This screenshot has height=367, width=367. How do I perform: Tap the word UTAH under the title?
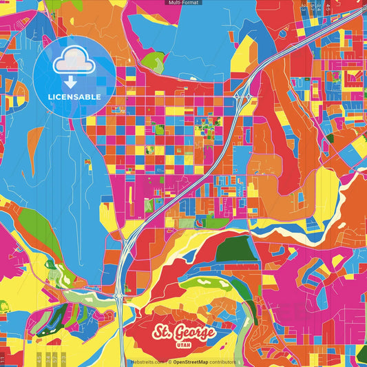tap(183, 346)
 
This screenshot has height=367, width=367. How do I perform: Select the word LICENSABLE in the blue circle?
tap(74, 96)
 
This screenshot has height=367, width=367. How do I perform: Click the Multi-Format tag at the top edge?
tap(183, 3)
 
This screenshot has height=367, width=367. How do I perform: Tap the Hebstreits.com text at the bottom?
tap(147, 362)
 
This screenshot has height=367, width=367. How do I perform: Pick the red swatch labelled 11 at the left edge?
tap(3, 358)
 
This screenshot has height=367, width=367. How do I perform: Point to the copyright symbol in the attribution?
tap(169, 362)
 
